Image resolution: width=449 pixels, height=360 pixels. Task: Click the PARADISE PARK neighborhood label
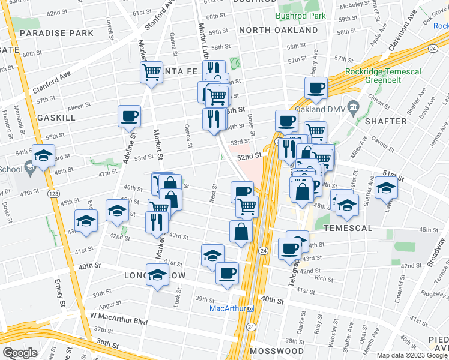(56, 32)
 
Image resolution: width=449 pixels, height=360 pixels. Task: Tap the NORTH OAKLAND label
(278, 30)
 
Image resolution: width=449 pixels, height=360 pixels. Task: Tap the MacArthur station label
(229, 309)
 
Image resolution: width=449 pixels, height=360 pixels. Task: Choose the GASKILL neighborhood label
(56, 118)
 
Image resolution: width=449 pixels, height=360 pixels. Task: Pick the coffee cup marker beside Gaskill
(130, 116)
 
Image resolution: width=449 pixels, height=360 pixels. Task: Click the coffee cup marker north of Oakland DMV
(316, 88)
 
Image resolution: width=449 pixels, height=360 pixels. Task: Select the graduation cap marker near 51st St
(387, 188)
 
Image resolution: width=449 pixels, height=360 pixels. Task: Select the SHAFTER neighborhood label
(385, 121)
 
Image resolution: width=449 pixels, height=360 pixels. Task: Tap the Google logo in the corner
(20, 353)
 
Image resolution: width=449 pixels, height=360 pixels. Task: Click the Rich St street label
(324, 279)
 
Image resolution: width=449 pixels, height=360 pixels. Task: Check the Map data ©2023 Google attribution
(408, 355)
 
